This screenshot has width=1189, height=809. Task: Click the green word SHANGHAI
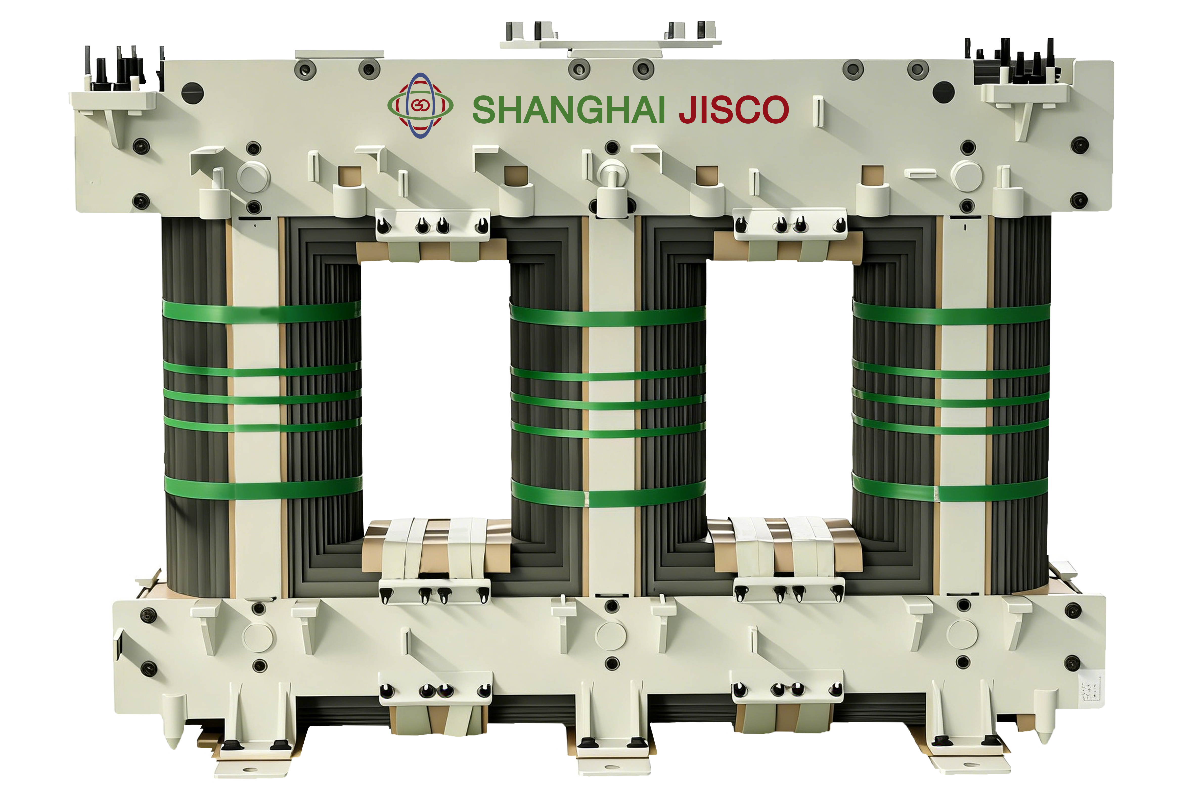click(x=568, y=109)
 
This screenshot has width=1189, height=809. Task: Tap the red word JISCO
click(x=734, y=109)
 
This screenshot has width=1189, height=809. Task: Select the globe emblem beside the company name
click(x=420, y=105)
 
